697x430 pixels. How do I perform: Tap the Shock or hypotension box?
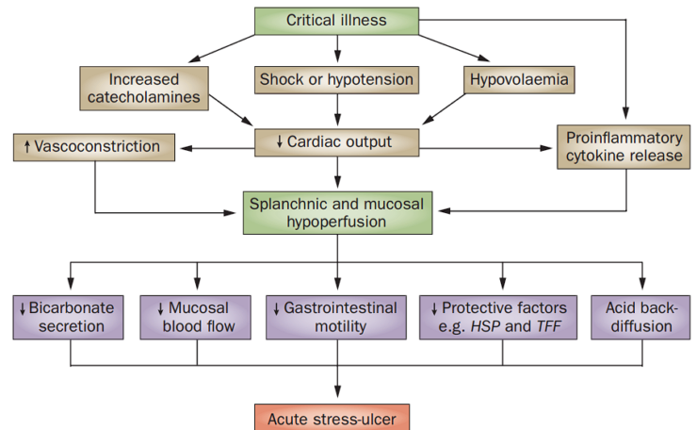[x=336, y=80]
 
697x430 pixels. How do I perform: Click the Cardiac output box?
[x=336, y=142]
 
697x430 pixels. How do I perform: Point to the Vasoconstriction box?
[x=94, y=147]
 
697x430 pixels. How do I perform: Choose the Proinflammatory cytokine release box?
[x=624, y=145]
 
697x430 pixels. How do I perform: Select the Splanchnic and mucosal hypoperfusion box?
[x=336, y=212]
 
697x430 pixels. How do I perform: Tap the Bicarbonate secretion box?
[x=72, y=317]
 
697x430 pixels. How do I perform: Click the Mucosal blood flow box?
[x=197, y=317]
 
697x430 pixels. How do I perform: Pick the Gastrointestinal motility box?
[x=336, y=317]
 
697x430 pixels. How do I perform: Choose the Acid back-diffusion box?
[x=641, y=317]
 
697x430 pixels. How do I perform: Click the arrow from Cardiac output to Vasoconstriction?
[x=221, y=147]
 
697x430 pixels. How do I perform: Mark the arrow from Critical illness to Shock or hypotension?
[x=336, y=51]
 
